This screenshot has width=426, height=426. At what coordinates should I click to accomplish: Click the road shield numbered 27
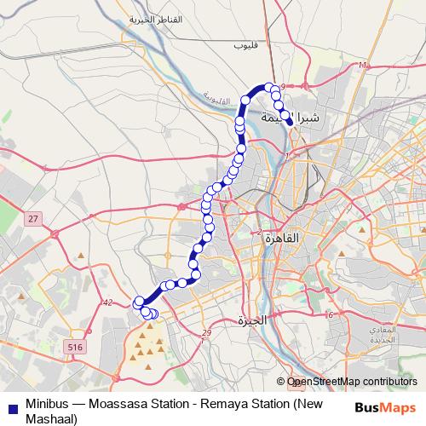pos(32,219)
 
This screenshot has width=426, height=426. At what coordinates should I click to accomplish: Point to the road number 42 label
pos(106,302)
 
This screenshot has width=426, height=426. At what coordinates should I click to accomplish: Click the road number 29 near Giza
pos(206,333)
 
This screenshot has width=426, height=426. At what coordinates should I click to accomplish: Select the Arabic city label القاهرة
pos(282,239)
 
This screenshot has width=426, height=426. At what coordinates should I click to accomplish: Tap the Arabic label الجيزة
pos(252,320)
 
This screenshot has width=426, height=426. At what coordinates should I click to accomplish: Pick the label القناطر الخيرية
pos(156,19)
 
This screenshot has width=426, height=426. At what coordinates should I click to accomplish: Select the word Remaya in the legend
pos(240,405)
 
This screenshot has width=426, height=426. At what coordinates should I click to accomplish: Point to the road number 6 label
pos(329,315)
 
